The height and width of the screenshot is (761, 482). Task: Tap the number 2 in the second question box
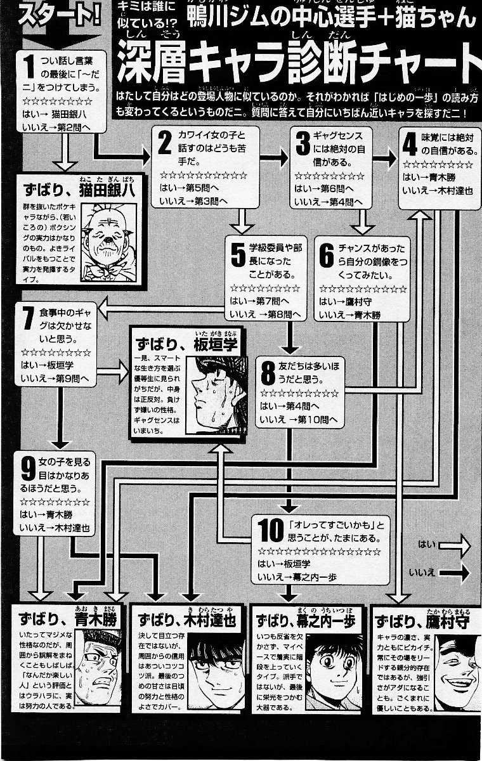coord(164,144)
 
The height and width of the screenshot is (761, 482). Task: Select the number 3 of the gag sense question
coord(303,144)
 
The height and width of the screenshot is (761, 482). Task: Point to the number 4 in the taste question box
coord(411,144)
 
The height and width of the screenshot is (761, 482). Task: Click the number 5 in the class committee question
coord(238,255)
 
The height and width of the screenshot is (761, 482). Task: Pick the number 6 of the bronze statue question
coord(327,255)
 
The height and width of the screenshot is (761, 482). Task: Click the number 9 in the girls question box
coord(28,467)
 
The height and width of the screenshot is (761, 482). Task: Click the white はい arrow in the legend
coord(452,545)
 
